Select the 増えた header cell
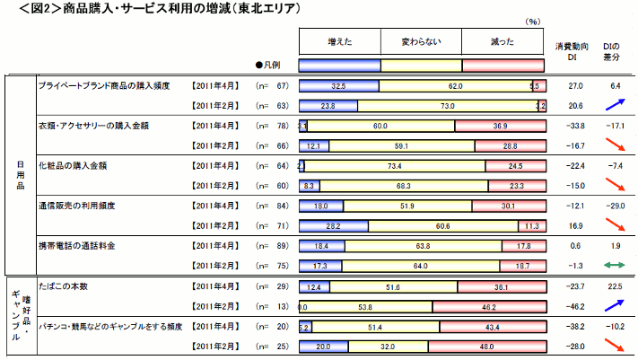coord(339,41)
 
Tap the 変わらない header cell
coord(421,41)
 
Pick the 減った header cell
coord(503,41)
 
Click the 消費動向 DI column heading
coord(571,50)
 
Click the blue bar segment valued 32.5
coord(338,86)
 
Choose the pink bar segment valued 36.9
coord(500,126)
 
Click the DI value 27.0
coord(576,85)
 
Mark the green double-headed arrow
coord(614,265)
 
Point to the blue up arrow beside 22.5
coord(614,304)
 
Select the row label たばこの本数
coord(62,286)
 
